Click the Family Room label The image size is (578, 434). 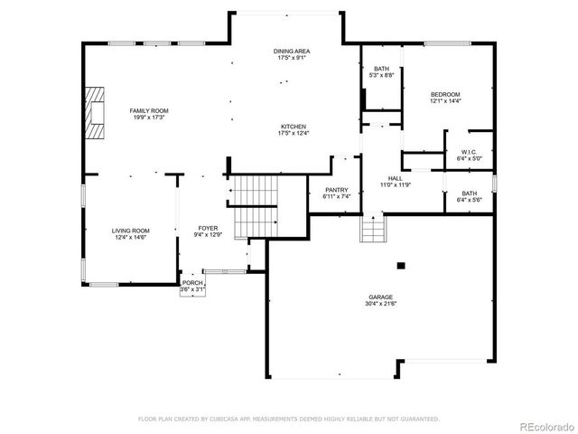coord(149,110)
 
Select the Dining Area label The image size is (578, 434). coord(293,52)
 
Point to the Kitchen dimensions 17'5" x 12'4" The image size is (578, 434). coord(294,133)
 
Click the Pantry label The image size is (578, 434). coord(323,190)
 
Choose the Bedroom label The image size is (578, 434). coord(445,94)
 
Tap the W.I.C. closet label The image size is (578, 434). coord(468,152)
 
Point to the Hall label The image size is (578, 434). coord(395,178)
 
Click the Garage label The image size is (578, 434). coord(380,296)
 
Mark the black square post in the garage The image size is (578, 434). coord(401,265)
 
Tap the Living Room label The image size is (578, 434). coord(131,231)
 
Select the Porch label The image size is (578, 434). coord(193,283)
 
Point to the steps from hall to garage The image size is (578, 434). coord(373,230)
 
